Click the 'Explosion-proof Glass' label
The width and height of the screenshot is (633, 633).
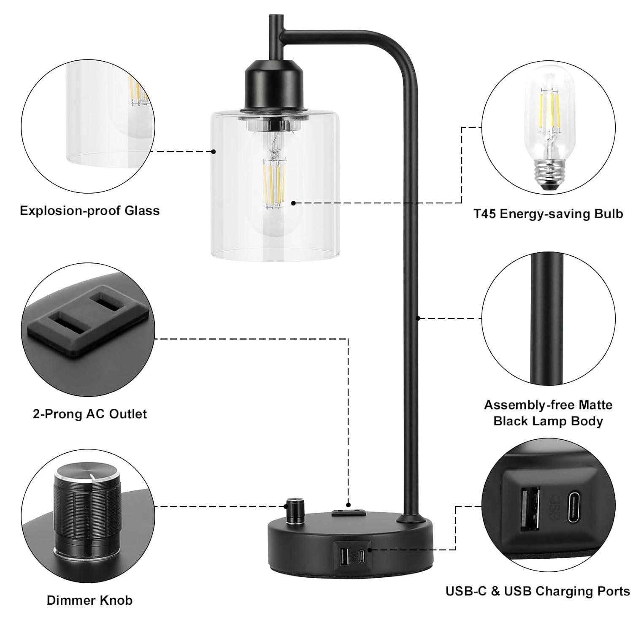pos(89,211)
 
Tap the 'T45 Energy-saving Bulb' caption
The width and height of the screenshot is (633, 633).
pos(548,214)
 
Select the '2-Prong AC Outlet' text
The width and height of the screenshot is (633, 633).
pos(89,414)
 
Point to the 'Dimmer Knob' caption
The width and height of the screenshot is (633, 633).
pos(89,600)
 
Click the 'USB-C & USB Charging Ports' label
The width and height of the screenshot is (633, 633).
pos(538,591)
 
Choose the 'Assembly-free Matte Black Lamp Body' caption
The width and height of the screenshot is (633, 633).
pos(548,413)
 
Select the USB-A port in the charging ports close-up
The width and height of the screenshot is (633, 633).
pos(530,509)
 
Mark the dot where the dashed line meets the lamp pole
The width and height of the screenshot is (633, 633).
pos(418,317)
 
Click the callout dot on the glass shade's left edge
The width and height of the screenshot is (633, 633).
pos(214,151)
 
